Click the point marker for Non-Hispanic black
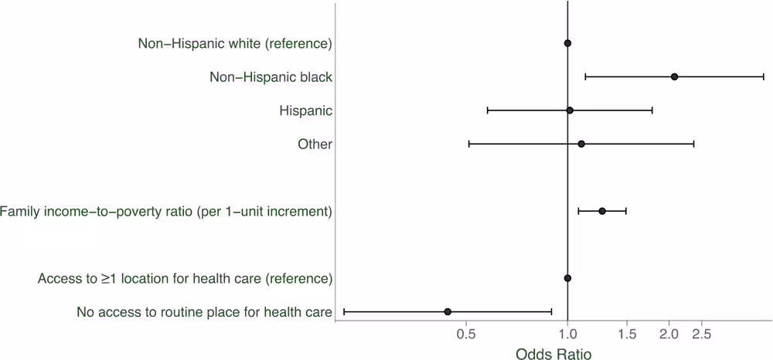tap(674, 76)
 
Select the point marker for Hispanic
tap(570, 110)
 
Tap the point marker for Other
tap(581, 144)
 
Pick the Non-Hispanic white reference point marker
tap(567, 43)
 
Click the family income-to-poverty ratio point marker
tap(602, 211)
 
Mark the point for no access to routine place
tap(448, 311)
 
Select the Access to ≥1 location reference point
tap(567, 278)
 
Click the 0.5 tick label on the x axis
tap(465, 335)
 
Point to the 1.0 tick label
tap(567, 335)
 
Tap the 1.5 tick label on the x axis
tap(627, 335)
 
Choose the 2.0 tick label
tap(669, 335)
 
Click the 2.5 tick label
tap(702, 335)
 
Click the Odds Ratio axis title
tap(553, 353)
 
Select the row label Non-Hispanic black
tap(271, 76)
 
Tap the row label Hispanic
tap(305, 110)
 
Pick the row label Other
tap(315, 144)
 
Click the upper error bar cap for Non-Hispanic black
tap(764, 76)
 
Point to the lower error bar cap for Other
tap(469, 144)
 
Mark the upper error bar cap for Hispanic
tap(652, 110)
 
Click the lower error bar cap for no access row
tap(344, 311)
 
